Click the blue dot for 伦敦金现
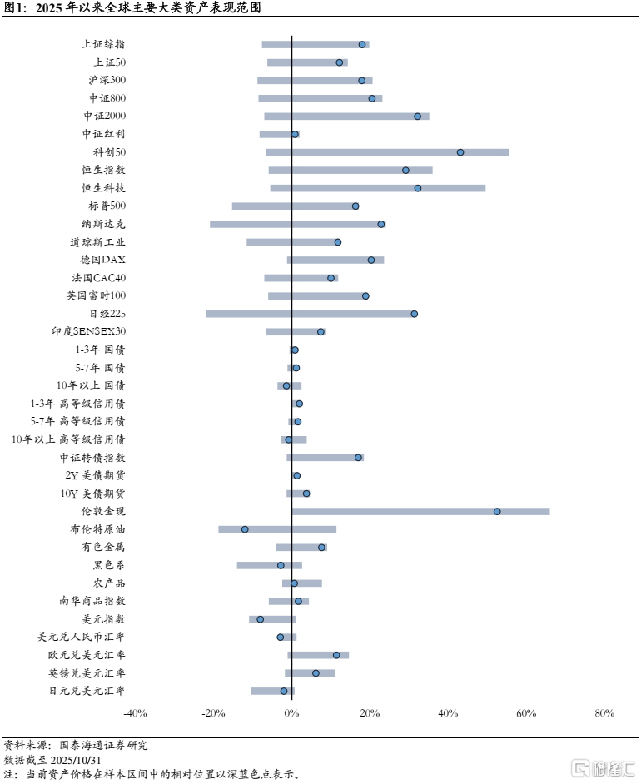[x=497, y=511]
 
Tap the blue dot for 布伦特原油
[x=245, y=529]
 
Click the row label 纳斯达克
[x=103, y=224]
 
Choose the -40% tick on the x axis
[x=135, y=713]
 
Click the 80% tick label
[x=604, y=713]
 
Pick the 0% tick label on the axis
[x=291, y=713]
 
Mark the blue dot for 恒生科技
[x=418, y=188]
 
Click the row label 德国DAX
[x=103, y=260]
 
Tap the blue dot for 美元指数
[x=260, y=619]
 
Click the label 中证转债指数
[x=92, y=458]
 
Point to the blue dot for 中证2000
[x=418, y=117]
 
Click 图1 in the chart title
[x=15, y=9]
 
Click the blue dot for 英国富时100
[x=365, y=295]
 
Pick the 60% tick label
[x=526, y=713]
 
